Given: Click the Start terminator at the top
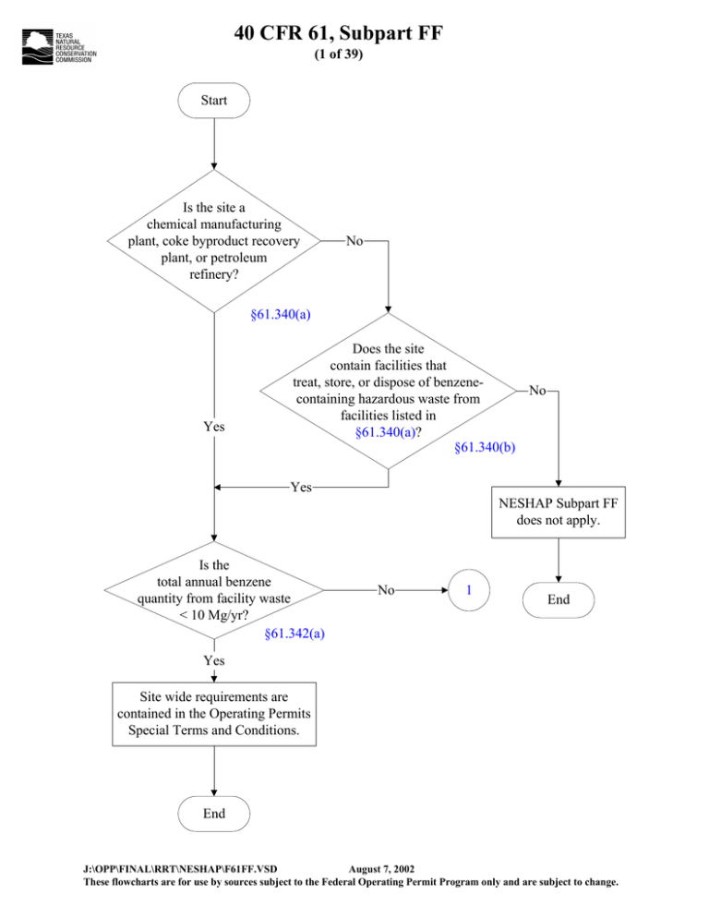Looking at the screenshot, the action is point(213,100).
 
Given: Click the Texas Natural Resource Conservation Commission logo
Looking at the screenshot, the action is point(59,47).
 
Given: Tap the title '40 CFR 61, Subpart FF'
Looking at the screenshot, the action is point(339,33).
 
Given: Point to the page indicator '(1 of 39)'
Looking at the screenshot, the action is point(339,54).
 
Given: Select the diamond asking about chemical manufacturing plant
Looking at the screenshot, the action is point(213,241).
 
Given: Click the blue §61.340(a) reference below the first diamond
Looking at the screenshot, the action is point(281,314).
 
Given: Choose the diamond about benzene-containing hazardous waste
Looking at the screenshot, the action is point(388,391).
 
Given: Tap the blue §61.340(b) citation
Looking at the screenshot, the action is point(485,447).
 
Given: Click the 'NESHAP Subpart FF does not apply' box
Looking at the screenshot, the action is point(558,512).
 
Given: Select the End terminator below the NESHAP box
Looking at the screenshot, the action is point(558,599).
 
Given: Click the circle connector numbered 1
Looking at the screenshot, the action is point(468,590).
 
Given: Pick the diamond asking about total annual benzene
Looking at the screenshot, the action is point(213,590).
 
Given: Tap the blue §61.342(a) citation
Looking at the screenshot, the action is point(294,634).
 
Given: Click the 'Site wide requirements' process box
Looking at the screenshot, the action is point(213,714).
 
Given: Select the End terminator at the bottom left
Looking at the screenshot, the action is point(213,814).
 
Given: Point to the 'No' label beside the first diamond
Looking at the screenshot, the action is point(354,241).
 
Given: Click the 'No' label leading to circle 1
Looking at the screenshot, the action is point(386,590).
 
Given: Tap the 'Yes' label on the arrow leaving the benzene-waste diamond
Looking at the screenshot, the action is point(301,487).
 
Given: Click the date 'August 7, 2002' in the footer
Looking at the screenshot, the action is point(381,869).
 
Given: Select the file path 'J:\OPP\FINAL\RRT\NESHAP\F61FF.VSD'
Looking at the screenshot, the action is point(180,869).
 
